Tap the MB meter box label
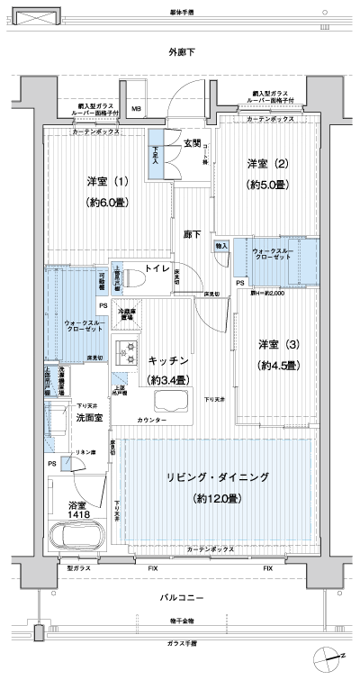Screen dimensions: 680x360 pos(137,110)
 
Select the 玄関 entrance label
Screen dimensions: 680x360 pos(193,143)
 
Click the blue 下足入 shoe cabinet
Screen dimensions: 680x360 pos(157,161)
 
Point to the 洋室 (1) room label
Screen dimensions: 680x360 pos(108,182)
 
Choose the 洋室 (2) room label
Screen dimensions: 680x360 pos(268,163)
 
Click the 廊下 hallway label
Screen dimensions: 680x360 pos(192,233)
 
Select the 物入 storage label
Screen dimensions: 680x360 pos(220,245)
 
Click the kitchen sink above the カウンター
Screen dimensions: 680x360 pos(170,402)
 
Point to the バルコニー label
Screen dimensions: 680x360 pos(181,598)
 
